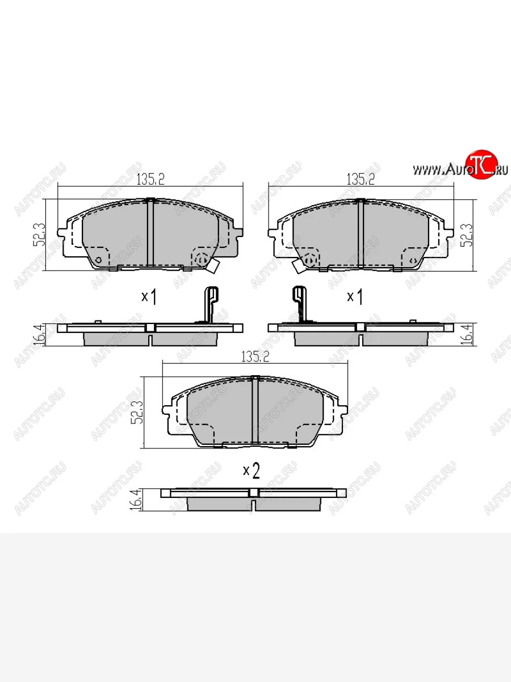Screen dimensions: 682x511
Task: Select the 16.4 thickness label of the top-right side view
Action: pos(468,335)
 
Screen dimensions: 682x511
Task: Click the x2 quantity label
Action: pos(251,470)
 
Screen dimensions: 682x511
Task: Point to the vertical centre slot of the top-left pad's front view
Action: pos(150,233)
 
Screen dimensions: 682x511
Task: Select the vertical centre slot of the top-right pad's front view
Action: pos(360,233)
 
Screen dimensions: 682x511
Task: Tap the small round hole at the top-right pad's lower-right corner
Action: pos(414,260)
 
